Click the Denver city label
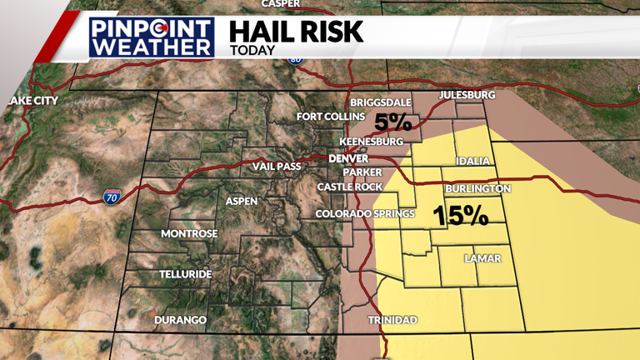click(x=348, y=158)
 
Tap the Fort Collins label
click(x=331, y=117)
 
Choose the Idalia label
click(x=473, y=161)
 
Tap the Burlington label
click(x=477, y=189)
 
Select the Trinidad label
click(x=392, y=320)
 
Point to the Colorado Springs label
click(x=365, y=214)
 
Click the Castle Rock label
click(x=349, y=187)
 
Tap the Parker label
click(x=361, y=172)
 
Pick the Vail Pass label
click(x=276, y=167)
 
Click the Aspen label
click(x=242, y=201)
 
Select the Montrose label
click(x=189, y=233)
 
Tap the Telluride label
click(x=186, y=274)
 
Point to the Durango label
click(x=180, y=320)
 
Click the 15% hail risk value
click(x=460, y=216)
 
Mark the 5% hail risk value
click(x=392, y=122)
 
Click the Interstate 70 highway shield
click(x=112, y=197)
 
